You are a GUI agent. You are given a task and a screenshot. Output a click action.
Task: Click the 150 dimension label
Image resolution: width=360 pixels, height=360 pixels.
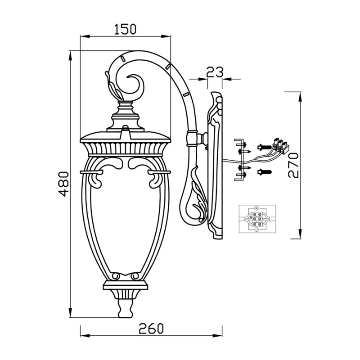click(126, 29)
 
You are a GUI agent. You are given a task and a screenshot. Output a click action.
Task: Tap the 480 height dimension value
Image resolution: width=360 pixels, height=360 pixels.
click(63, 184)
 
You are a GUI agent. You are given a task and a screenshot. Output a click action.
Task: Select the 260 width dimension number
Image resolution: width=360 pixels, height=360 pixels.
click(152, 328)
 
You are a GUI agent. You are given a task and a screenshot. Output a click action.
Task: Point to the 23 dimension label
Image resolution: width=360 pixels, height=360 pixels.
click(215, 72)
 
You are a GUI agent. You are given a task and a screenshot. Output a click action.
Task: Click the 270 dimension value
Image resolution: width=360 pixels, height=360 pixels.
click(293, 165)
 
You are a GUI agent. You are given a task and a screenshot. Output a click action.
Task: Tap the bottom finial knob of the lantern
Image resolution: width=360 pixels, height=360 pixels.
click(126, 308)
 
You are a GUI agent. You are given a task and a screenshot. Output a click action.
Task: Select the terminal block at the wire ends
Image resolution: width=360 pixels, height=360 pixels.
click(281, 145)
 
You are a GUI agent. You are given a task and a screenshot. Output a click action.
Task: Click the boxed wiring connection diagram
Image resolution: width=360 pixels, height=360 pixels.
click(257, 219)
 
